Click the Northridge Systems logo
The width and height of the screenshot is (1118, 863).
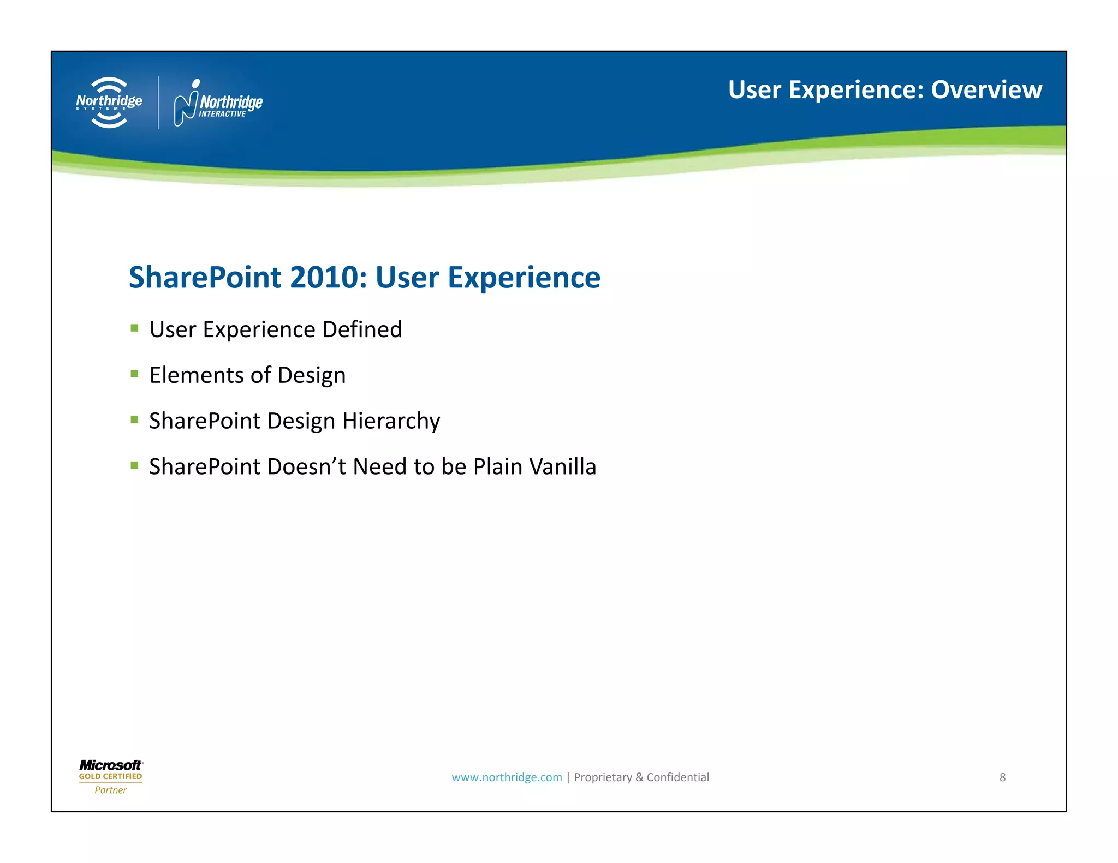(x=109, y=103)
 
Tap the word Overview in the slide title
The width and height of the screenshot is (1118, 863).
(x=986, y=90)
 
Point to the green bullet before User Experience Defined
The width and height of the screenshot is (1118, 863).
(x=134, y=328)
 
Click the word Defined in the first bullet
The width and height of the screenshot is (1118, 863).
(x=362, y=329)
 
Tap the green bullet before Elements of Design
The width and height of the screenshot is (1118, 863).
(x=134, y=374)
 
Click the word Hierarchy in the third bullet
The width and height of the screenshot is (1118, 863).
(x=391, y=422)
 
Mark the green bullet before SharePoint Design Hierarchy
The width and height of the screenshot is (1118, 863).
(x=134, y=419)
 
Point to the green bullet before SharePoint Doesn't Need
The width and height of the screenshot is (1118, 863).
(x=134, y=465)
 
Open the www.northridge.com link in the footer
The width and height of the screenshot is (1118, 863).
(x=507, y=777)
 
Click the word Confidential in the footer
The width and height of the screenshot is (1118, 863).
(x=677, y=777)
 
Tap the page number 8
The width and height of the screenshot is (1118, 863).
(x=1002, y=777)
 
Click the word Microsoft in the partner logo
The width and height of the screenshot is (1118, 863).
(x=110, y=765)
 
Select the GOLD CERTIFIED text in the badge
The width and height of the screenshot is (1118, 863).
(x=110, y=776)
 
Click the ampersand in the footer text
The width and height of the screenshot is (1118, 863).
(x=639, y=777)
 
